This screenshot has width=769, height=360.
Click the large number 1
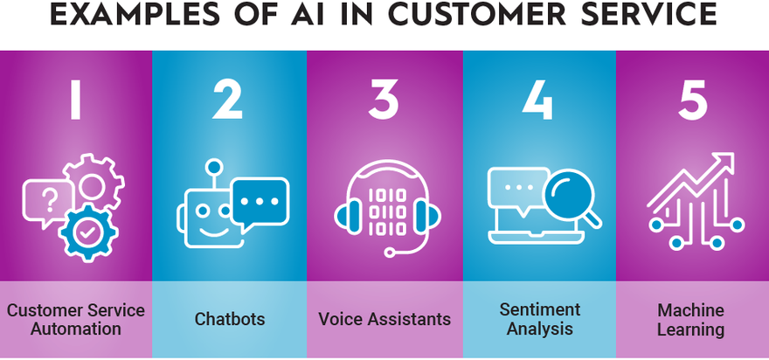74,100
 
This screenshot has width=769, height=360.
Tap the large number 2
227,100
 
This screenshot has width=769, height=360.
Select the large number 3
383,100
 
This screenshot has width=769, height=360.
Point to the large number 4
537,100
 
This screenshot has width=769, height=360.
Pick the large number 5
692,100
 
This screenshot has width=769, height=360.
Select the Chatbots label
230,319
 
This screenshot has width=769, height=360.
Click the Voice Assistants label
384,319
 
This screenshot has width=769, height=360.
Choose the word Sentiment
540,309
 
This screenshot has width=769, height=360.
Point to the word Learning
690,329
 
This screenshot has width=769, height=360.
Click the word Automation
75,329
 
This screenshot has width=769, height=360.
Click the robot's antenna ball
213,167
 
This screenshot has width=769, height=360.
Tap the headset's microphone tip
390,253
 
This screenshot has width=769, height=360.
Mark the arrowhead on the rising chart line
724,163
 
